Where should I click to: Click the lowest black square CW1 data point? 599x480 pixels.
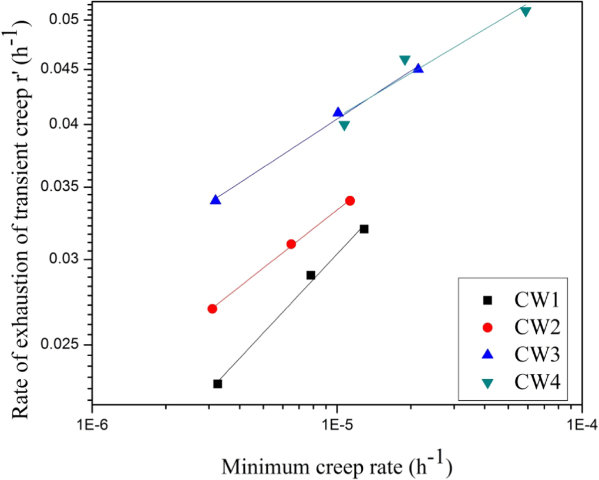(217, 384)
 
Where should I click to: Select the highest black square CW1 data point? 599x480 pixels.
(364, 229)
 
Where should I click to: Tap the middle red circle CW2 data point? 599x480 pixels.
(291, 244)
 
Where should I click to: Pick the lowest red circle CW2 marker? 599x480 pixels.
(213, 309)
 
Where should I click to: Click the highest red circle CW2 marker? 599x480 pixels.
(350, 201)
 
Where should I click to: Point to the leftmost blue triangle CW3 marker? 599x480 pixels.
(216, 200)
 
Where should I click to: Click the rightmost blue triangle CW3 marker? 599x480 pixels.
(418, 69)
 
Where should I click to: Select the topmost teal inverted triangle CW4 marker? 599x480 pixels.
(526, 12)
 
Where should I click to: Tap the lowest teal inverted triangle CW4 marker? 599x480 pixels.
(344, 126)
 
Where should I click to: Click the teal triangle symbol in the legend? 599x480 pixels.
(487, 382)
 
